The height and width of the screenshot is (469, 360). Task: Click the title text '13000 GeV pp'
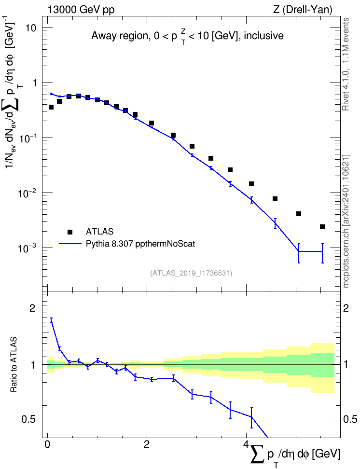click(81, 10)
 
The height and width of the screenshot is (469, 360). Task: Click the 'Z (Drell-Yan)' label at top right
click(303, 10)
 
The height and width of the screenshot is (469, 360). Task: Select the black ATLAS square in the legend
click(70, 232)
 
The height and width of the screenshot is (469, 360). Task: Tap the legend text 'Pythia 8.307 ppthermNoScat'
click(140, 244)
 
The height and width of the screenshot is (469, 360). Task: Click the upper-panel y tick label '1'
click(34, 83)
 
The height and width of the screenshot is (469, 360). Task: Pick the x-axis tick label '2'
click(147, 444)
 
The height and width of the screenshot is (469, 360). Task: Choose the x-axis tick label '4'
click(246, 444)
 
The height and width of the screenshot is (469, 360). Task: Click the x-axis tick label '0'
click(47, 444)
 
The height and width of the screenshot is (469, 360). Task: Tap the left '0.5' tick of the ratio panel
click(29, 420)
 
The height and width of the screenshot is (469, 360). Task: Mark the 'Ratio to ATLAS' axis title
click(14, 364)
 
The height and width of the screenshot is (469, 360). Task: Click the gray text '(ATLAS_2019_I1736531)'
click(191, 273)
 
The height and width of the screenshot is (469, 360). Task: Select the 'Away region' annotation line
click(187, 36)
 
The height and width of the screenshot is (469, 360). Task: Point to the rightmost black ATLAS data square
click(322, 227)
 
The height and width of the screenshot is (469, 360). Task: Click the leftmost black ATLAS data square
click(51, 107)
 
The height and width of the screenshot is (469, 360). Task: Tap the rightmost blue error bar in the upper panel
click(322, 253)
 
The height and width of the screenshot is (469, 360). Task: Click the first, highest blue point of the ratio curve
click(51, 320)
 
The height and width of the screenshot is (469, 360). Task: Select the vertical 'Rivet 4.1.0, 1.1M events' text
click(346, 64)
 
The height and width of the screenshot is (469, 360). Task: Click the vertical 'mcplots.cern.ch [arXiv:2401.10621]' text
click(346, 221)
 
